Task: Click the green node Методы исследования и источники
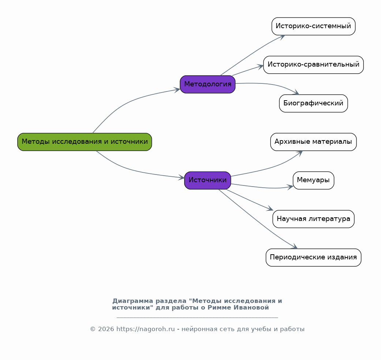pyautogui.click(x=85, y=142)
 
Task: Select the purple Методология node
pyautogui.click(x=208, y=84)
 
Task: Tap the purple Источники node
pyautogui.click(x=208, y=180)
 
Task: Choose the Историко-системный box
pyautogui.click(x=313, y=26)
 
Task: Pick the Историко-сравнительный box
pyautogui.click(x=313, y=65)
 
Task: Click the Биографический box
pyautogui.click(x=313, y=104)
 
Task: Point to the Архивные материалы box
pyautogui.click(x=313, y=142)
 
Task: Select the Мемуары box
pyautogui.click(x=313, y=180)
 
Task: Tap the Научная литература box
pyautogui.click(x=313, y=219)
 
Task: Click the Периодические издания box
pyautogui.click(x=313, y=258)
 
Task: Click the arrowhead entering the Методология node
pyautogui.click(x=177, y=90)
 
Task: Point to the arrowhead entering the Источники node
pyautogui.click(x=181, y=177)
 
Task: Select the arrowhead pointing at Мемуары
pyautogui.click(x=290, y=187)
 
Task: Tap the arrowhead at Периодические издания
pyautogui.click(x=295, y=246)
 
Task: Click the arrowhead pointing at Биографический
pyautogui.click(x=296, y=92)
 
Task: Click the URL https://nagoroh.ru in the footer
pyautogui.click(x=146, y=329)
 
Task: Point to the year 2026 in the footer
pyautogui.click(x=106, y=329)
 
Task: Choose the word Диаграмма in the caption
pyautogui.click(x=132, y=301)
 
